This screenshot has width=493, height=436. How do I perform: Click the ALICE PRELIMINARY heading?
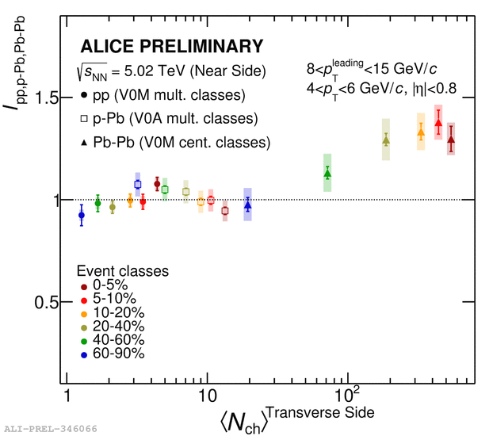click(171, 46)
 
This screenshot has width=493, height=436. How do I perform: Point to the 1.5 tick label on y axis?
click(44, 98)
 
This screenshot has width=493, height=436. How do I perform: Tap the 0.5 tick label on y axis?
click(44, 302)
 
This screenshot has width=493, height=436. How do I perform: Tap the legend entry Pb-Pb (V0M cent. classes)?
click(175, 143)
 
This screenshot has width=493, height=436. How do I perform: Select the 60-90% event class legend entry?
click(111, 353)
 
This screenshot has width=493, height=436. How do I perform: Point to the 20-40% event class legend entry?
click(111, 326)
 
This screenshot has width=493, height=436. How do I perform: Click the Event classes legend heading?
click(122, 270)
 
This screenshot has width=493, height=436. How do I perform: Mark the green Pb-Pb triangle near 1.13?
click(327, 174)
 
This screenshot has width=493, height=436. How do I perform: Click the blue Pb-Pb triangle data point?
click(247, 205)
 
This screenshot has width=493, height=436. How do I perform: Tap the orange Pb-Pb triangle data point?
click(421, 134)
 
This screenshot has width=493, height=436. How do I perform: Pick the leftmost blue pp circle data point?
click(81, 215)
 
